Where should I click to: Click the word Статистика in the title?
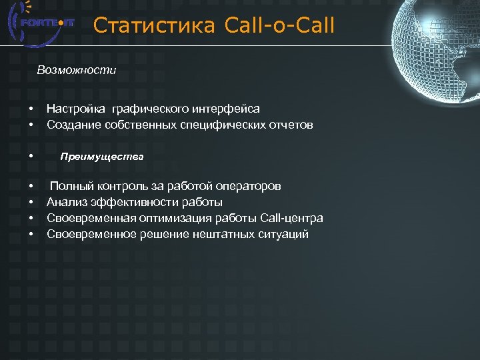[154, 26]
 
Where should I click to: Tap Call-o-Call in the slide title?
[280, 26]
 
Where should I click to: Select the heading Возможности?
[77, 70]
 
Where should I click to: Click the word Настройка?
[77, 108]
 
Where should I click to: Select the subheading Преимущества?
[102, 157]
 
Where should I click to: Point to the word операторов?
[251, 186]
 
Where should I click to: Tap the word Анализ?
[66, 202]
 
